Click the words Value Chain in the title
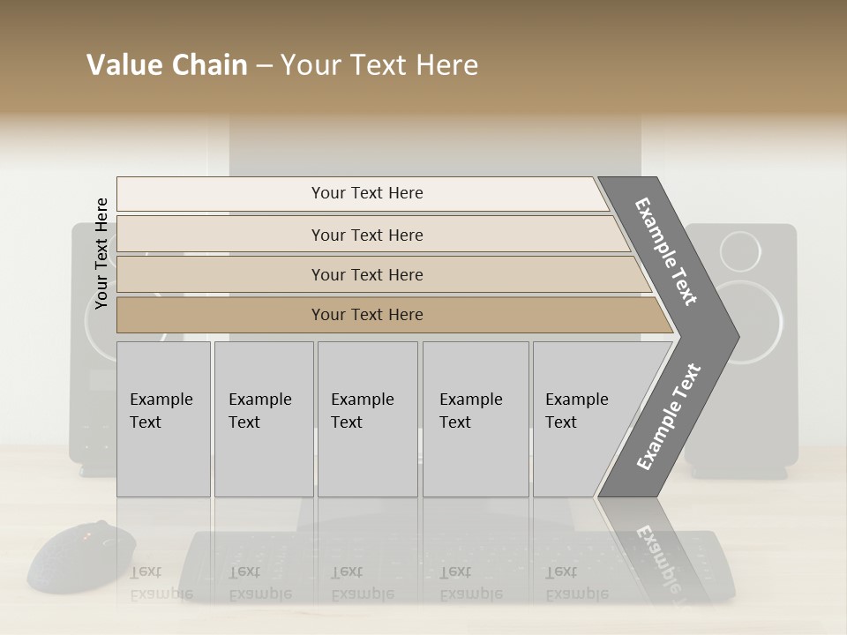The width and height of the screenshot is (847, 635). click(x=167, y=65)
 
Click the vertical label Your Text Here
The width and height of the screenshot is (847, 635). click(x=101, y=253)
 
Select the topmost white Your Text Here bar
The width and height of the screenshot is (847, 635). click(x=367, y=193)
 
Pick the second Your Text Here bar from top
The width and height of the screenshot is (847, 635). click(x=367, y=235)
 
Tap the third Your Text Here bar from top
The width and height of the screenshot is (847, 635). click(x=367, y=274)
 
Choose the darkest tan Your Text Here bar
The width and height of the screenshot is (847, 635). click(x=367, y=315)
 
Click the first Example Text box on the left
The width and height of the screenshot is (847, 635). click(x=163, y=419)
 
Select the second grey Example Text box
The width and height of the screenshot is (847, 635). click(x=264, y=419)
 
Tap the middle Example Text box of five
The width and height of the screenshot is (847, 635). click(x=367, y=419)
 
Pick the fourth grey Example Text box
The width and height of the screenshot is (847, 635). click(x=476, y=419)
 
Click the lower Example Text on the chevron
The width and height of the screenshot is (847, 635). click(x=668, y=417)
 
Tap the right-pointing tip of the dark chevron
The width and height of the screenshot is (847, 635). click(x=734, y=336)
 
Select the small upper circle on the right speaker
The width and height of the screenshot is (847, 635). click(x=739, y=251)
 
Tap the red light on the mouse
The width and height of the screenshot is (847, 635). click(x=86, y=535)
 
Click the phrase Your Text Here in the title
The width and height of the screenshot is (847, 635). click(x=379, y=65)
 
